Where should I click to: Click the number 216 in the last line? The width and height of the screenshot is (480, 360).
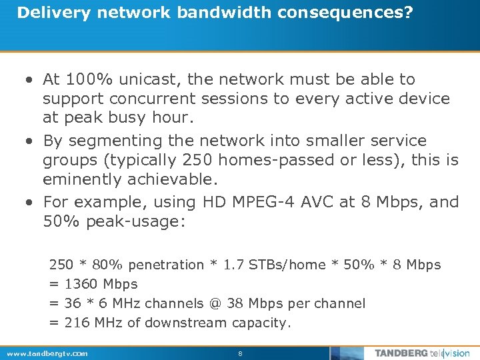point(75,323)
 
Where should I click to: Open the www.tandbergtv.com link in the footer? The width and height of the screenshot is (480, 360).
point(47,353)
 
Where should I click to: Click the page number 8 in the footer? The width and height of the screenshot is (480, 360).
point(240,353)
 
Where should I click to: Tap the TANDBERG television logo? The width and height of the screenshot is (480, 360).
point(421,353)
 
